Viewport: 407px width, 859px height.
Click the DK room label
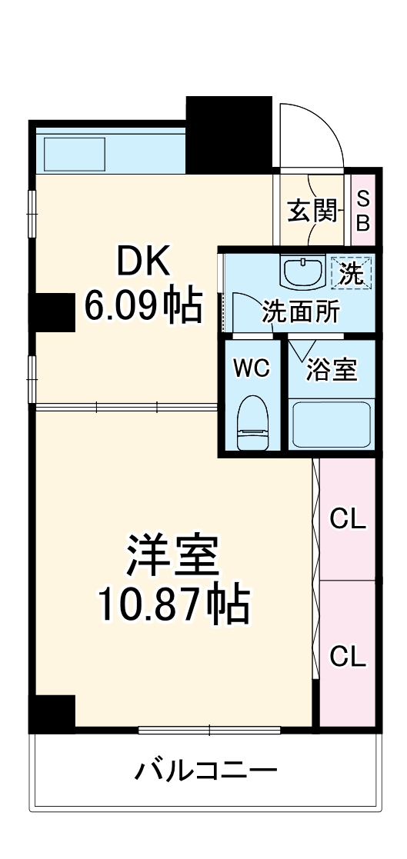tap(142, 265)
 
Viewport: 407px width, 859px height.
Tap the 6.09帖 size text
tap(142, 306)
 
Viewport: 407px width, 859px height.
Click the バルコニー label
tap(206, 769)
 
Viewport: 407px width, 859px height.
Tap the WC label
tap(252, 368)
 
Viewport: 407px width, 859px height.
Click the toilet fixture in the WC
tap(252, 423)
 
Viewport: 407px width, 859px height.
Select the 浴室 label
tap(332, 370)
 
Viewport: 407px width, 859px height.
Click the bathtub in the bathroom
tap(331, 424)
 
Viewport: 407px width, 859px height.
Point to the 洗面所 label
tap(300, 312)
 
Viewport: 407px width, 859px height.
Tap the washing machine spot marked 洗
tap(352, 273)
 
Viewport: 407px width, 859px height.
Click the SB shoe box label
tap(363, 211)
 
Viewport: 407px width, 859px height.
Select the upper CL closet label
tap(348, 520)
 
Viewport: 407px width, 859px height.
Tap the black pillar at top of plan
tap(229, 133)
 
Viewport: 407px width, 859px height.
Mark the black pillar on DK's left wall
tap(52, 312)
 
